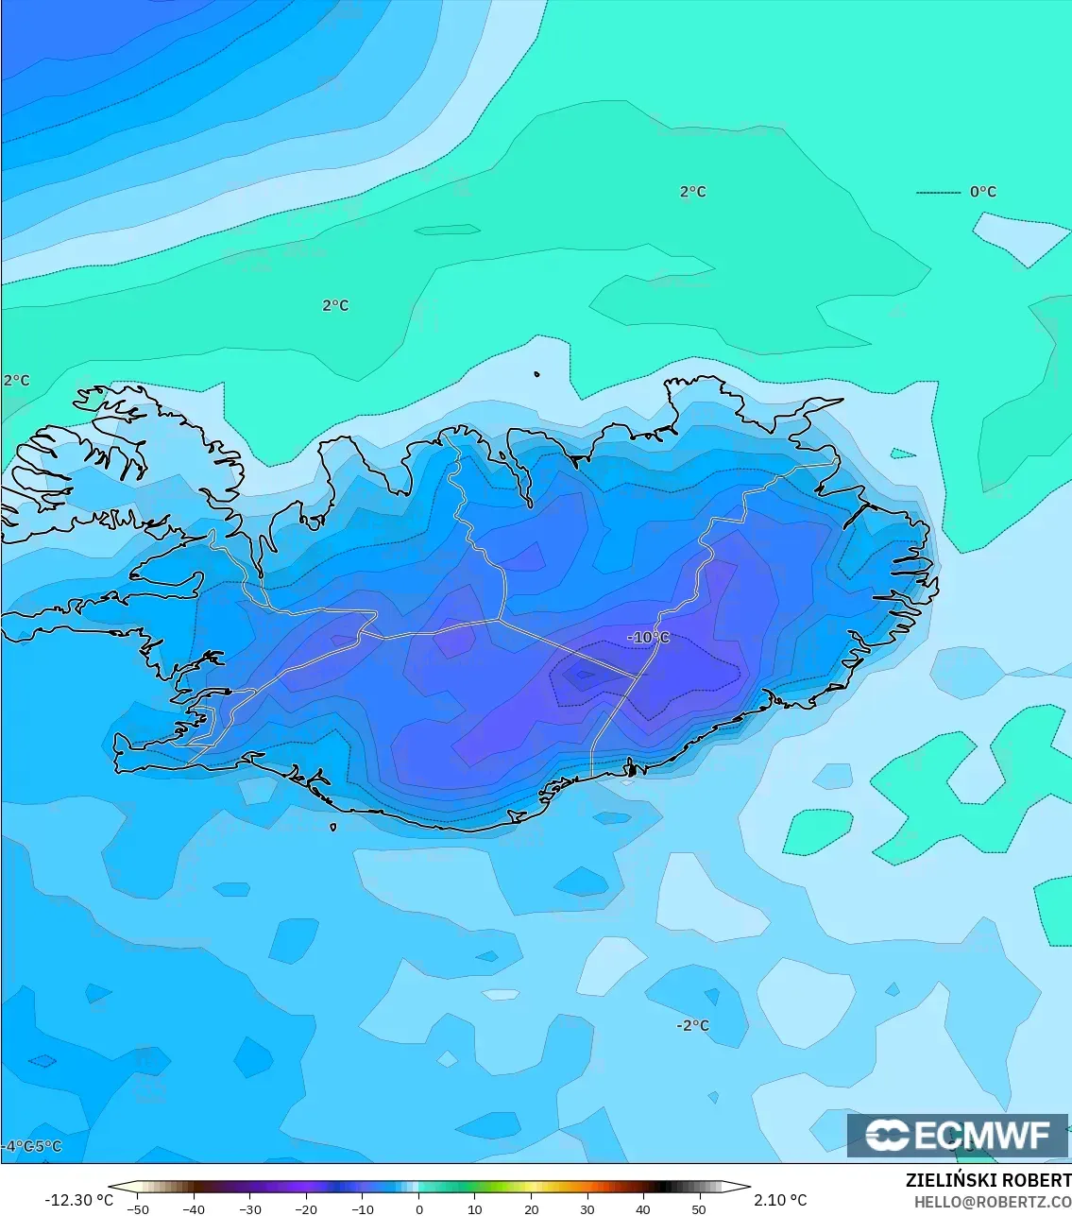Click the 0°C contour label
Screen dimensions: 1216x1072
[x=982, y=192]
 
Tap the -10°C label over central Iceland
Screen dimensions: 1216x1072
[x=648, y=638]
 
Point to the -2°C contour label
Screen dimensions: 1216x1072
[x=692, y=1025]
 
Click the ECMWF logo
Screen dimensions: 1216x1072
[x=958, y=1135]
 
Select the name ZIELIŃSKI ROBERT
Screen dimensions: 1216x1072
[x=988, y=1181]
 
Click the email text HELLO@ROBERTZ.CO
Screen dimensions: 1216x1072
[x=992, y=1202]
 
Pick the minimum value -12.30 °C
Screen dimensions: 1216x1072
[x=78, y=1200]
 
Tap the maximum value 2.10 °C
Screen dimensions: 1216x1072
[x=780, y=1200]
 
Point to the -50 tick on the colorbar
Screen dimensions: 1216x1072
[x=138, y=1208]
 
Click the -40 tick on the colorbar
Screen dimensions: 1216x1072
[x=194, y=1208]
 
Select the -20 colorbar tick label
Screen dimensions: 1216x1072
[x=306, y=1208]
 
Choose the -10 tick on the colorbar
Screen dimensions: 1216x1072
[x=363, y=1208]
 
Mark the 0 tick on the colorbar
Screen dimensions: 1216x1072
[x=418, y=1208]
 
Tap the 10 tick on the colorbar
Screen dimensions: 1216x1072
[x=474, y=1208]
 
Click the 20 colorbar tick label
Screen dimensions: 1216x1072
[x=531, y=1208]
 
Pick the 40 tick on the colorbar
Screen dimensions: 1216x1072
[x=643, y=1208]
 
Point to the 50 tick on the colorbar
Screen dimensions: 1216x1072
[x=699, y=1208]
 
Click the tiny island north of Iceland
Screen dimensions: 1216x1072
[x=536, y=374]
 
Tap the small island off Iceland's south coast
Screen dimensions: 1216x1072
[x=333, y=828]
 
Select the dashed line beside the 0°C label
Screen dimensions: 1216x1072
[x=938, y=193]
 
